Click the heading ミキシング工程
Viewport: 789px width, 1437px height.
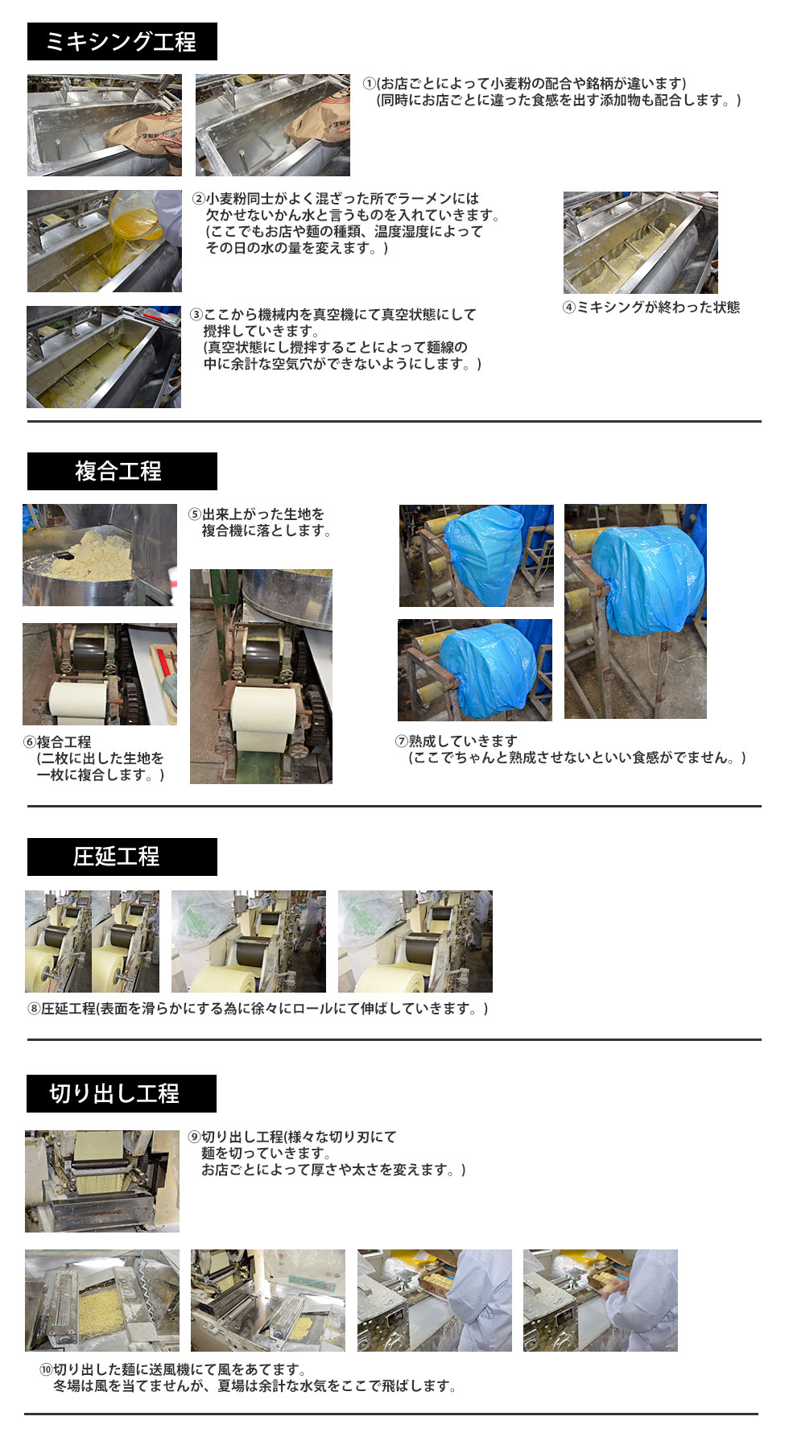pyautogui.click(x=122, y=42)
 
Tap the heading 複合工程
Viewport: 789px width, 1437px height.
pyautogui.click(x=118, y=471)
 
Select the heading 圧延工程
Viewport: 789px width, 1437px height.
pyautogui.click(x=117, y=857)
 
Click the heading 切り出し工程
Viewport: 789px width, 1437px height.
pyautogui.click(x=114, y=1093)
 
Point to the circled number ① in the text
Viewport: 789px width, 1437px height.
pyautogui.click(x=369, y=84)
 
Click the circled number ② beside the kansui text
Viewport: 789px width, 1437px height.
pyautogui.click(x=198, y=199)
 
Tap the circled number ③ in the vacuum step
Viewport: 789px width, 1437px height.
pyautogui.click(x=196, y=315)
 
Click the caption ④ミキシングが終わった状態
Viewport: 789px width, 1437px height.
pyautogui.click(x=651, y=308)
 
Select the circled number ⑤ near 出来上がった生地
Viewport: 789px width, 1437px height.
pyautogui.click(x=195, y=514)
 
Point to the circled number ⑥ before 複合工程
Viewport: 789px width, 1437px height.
pyautogui.click(x=30, y=742)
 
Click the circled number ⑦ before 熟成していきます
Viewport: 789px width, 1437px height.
pyautogui.click(x=402, y=741)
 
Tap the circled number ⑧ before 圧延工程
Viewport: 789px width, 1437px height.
pyautogui.click(x=35, y=1009)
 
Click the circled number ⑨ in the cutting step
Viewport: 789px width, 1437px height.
pyautogui.click(x=194, y=1138)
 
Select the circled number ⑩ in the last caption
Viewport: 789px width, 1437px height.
pyautogui.click(x=46, y=1369)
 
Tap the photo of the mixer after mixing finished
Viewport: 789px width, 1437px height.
pyautogui.click(x=640, y=242)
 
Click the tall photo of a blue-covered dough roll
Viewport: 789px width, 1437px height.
pyautogui.click(x=635, y=612)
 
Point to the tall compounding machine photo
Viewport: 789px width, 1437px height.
pyautogui.click(x=261, y=676)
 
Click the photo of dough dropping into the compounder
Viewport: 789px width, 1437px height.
pyautogui.click(x=100, y=555)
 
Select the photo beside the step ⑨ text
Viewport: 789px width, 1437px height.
pyautogui.click(x=102, y=1181)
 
